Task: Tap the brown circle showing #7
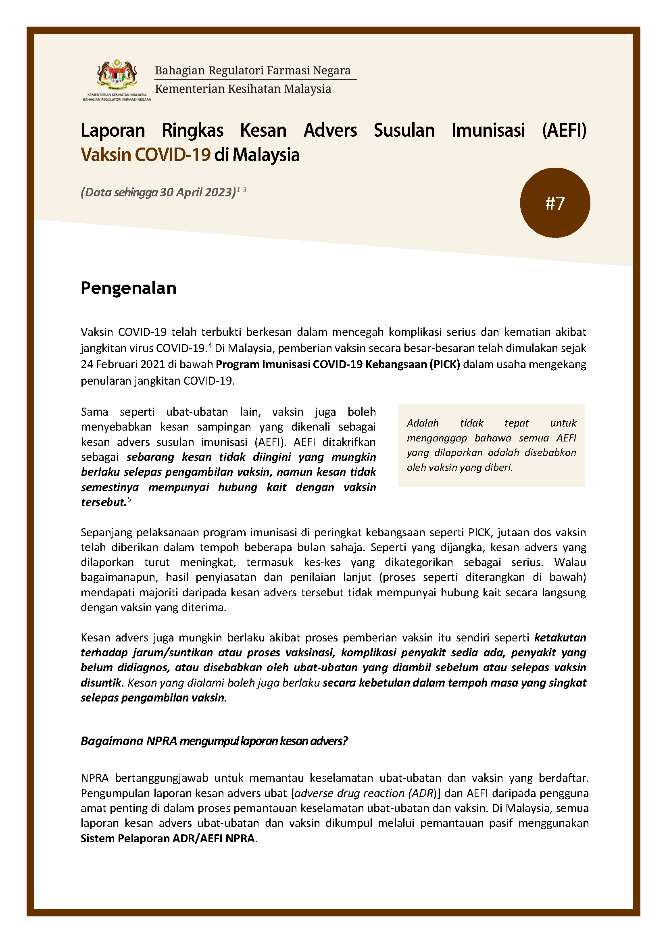(554, 203)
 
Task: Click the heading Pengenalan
(128, 288)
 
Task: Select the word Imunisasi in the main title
(488, 131)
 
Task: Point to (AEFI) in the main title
(564, 131)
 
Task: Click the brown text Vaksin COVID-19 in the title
(146, 155)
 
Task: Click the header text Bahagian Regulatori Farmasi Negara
(252, 70)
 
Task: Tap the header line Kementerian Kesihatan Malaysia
(243, 89)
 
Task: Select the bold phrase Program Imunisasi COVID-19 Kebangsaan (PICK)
(338, 364)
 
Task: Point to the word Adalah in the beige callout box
(423, 423)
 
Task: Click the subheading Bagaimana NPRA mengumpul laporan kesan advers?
(214, 741)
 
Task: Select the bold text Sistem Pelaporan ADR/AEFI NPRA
(168, 838)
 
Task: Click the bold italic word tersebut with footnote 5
(104, 502)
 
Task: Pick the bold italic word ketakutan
(560, 637)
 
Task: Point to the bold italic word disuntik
(102, 683)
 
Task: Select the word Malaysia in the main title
(266, 155)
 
